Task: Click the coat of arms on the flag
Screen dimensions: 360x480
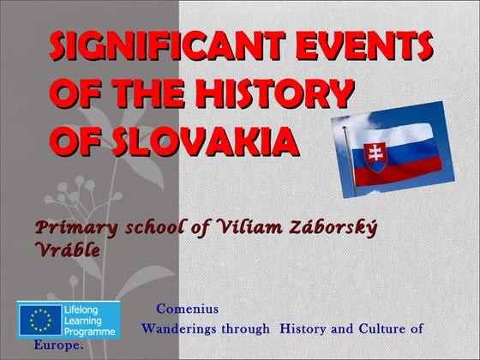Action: [x=375, y=155]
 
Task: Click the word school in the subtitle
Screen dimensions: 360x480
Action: [x=141, y=229]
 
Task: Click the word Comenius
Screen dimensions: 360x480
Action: [x=187, y=309]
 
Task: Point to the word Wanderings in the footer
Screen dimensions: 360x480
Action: [x=179, y=328]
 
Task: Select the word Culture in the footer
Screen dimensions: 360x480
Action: [x=374, y=328]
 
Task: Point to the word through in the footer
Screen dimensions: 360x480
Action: [x=244, y=328]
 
